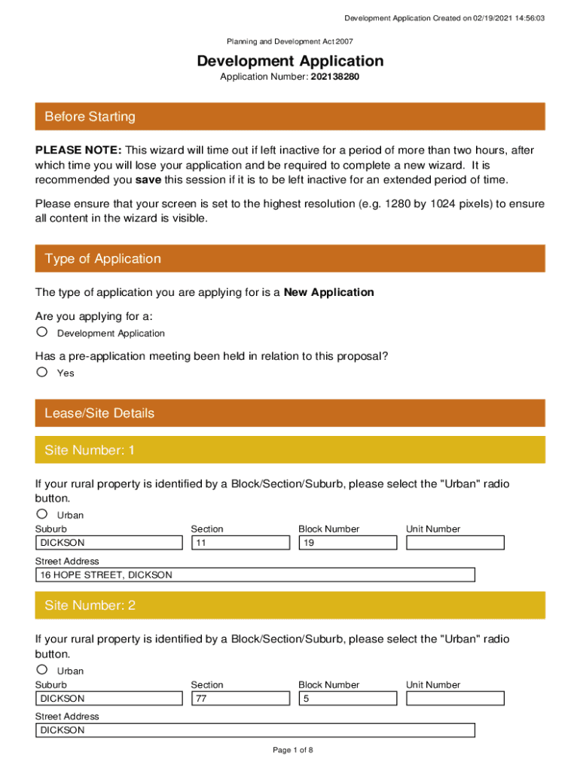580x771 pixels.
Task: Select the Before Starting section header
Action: tap(290, 117)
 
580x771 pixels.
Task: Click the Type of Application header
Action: tap(290, 259)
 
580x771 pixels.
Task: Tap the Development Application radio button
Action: tap(42, 332)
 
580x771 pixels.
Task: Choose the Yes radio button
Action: tap(42, 372)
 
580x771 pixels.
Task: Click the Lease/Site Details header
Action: tap(290, 413)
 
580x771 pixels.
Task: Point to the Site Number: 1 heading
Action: tap(290, 450)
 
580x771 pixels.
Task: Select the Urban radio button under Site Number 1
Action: tap(42, 514)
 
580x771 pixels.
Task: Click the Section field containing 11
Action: tap(240, 543)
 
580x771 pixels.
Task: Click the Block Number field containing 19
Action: tap(347, 543)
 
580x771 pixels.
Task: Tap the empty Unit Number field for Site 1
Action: tap(455, 543)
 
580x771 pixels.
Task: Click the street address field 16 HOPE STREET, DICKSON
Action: tap(255, 575)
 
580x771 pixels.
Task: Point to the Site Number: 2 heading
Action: tap(290, 605)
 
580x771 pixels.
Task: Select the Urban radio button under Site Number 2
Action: tap(42, 670)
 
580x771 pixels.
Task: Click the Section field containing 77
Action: tap(240, 699)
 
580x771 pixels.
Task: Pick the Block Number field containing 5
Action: tap(347, 699)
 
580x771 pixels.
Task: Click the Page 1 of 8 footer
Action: tap(292, 750)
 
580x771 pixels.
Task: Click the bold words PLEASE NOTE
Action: tap(79, 151)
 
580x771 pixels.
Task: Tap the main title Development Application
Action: tap(290, 61)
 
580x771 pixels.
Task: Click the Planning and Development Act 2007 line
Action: tap(290, 42)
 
